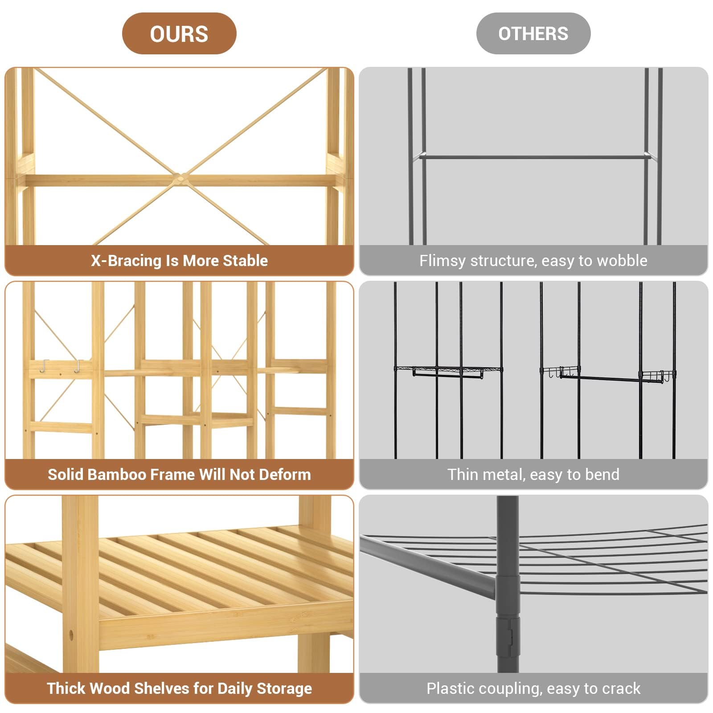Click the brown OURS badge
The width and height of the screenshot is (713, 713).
[x=179, y=34]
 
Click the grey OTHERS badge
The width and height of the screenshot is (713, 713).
[x=533, y=34]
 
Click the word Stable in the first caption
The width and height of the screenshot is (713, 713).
[x=245, y=261]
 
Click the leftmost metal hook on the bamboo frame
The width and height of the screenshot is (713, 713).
[x=44, y=366]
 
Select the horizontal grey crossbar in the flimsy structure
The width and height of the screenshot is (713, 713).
[x=533, y=157]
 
